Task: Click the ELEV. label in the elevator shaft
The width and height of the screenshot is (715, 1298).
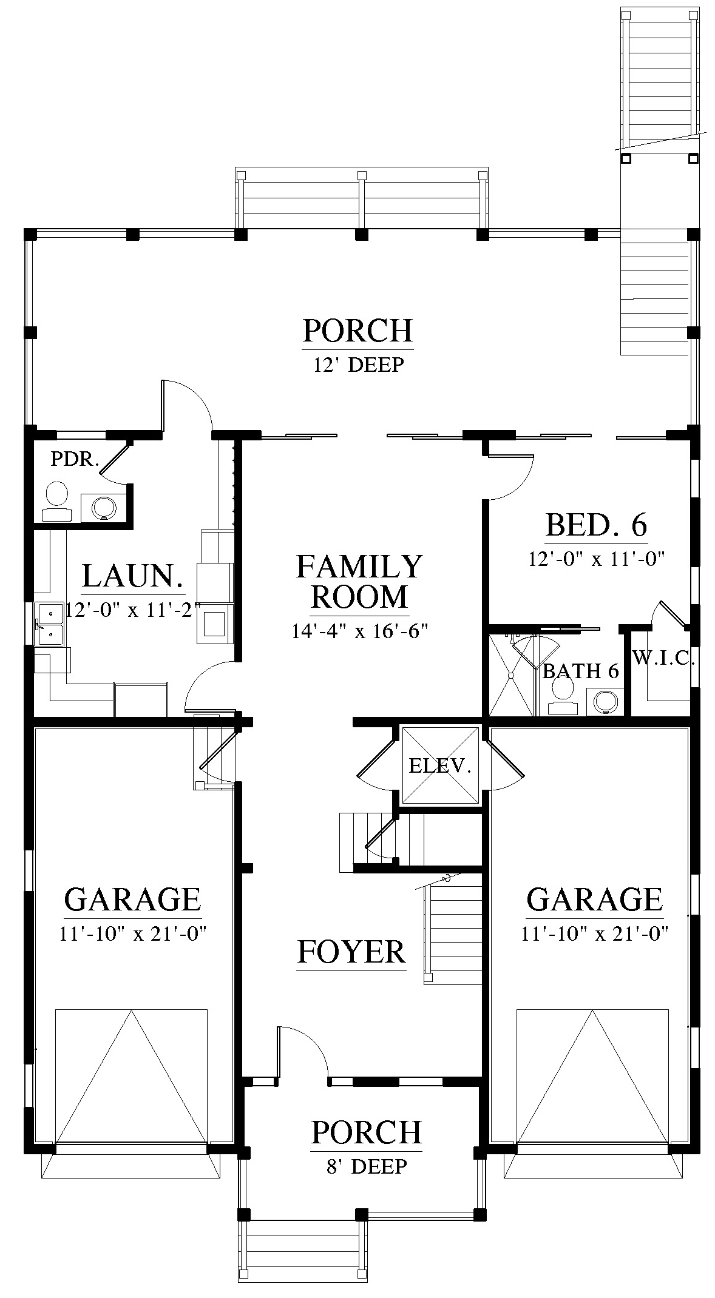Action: pos(440,766)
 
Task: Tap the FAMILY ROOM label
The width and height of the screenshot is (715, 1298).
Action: pos(359,582)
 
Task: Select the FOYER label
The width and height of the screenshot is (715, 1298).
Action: pos(351,952)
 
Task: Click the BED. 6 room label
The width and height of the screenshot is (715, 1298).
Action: pos(597,525)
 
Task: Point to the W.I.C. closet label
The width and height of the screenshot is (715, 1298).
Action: pos(663,658)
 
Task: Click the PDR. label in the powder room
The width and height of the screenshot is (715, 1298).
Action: pos(75,459)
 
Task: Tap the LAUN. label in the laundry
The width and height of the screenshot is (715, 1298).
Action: pos(133,576)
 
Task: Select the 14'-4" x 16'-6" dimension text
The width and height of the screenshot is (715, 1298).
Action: pos(360,631)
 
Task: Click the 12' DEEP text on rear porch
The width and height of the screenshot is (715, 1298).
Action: pos(358,365)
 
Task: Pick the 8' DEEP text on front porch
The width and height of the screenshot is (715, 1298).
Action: pos(367,1166)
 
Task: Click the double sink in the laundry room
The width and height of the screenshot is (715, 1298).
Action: pos(49,624)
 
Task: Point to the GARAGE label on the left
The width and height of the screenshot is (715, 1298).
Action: pos(132,900)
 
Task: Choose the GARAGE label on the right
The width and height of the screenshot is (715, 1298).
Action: pos(594,900)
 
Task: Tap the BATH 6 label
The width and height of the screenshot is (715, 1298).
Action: pos(580,671)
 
